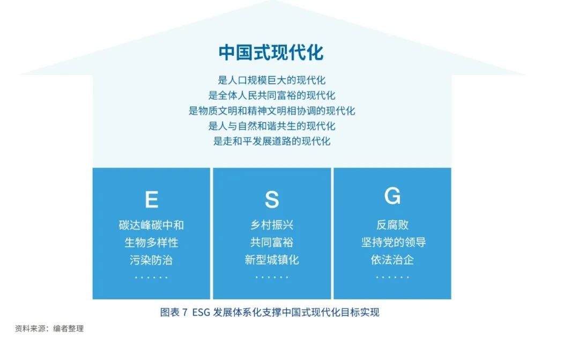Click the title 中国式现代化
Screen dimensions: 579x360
pos(271,52)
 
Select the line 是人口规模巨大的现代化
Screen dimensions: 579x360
pos(271,80)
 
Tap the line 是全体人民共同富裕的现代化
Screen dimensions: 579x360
pos(271,95)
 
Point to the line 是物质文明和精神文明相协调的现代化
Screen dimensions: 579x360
pos(271,111)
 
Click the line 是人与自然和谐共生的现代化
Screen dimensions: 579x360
pos(271,126)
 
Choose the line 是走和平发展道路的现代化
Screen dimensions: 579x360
pos(271,141)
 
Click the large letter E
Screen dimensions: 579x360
pos(151,200)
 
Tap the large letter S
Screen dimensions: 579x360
pos(272,200)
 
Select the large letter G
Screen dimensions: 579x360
pos(392,195)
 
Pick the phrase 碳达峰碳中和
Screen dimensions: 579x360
pos(151,225)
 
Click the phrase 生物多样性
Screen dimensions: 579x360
pos(151,243)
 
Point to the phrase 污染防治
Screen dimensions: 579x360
pos(151,260)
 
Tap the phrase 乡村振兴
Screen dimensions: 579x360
pos(272,225)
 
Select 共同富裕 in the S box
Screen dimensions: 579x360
pos(272,243)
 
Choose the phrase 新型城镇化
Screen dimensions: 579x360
pos(272,260)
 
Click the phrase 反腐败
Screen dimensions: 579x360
pos(392,225)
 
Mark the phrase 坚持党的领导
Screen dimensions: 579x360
pos(394,243)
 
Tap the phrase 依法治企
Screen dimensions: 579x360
pos(392,260)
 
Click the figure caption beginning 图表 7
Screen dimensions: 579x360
pos(270,312)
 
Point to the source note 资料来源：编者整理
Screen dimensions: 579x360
pos(49,328)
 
